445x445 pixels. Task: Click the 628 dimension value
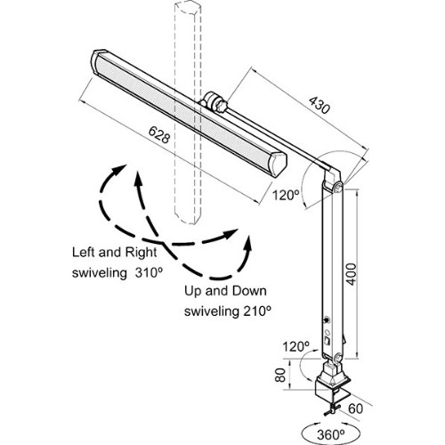(x=159, y=134)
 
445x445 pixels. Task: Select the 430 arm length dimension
(x=320, y=105)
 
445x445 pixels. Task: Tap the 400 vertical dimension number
(x=352, y=274)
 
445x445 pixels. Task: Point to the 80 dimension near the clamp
(x=280, y=375)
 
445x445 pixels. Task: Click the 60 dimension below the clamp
(x=355, y=409)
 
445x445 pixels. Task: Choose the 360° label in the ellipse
(x=330, y=435)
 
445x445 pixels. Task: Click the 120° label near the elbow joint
(x=286, y=196)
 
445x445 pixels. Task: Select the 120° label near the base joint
(x=295, y=346)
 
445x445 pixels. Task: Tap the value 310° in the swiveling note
(x=150, y=273)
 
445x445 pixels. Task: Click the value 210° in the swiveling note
(x=257, y=311)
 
